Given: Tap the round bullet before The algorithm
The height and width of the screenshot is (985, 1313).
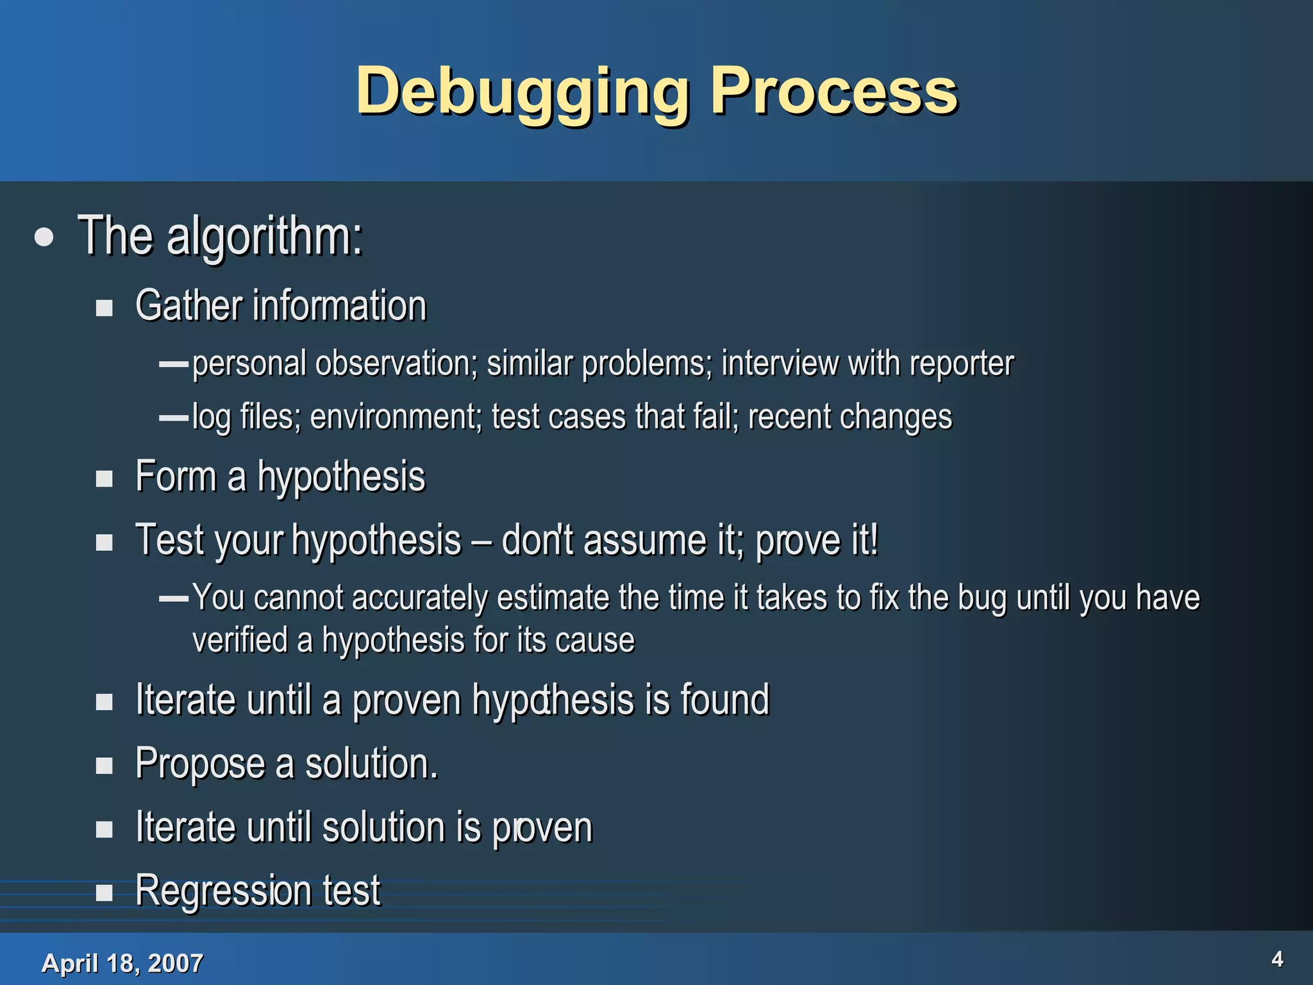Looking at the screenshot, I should pos(44,238).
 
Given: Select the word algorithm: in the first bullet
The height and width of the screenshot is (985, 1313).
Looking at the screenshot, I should pos(264,236).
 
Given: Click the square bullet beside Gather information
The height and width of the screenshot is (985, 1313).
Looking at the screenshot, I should pos(105,308).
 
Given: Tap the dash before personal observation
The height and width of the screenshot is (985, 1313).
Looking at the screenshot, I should pos(173,364).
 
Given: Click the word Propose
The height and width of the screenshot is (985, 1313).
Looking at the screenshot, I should pos(199,764).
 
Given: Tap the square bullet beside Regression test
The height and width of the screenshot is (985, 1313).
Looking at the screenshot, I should pos(105,892).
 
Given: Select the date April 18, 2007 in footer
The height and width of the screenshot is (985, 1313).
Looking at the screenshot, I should pos(122,963).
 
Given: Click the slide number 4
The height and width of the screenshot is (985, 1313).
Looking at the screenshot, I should pos(1277,959).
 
